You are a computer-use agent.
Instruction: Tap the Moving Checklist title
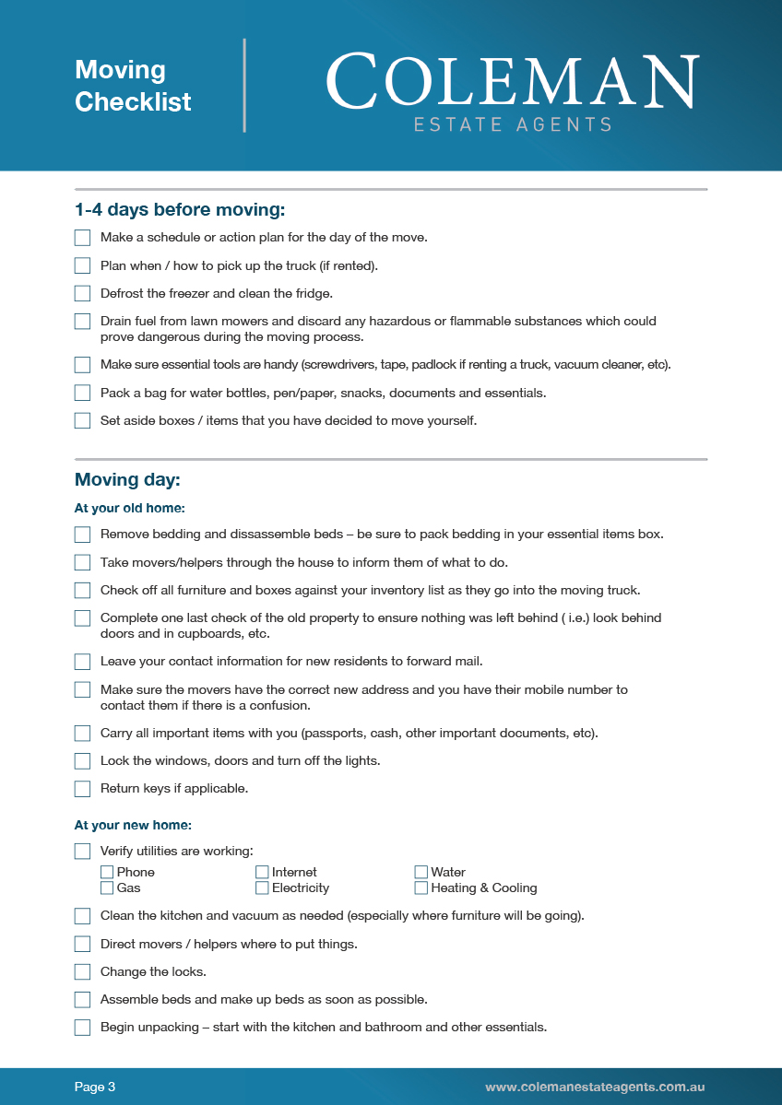pyautogui.click(x=133, y=86)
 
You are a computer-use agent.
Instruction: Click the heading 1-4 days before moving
pyautogui.click(x=180, y=210)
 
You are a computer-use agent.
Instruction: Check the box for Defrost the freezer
pyautogui.click(x=83, y=294)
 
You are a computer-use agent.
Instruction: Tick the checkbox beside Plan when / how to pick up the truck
pyautogui.click(x=83, y=266)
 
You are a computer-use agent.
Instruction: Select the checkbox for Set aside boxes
pyautogui.click(x=83, y=421)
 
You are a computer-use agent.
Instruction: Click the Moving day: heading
pyautogui.click(x=127, y=480)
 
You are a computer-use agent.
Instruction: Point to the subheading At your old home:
pyautogui.click(x=130, y=508)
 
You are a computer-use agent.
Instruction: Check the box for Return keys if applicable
pyautogui.click(x=83, y=789)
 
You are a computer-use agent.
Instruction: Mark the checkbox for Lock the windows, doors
pyautogui.click(x=83, y=761)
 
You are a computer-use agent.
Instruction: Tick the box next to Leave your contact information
pyautogui.click(x=83, y=662)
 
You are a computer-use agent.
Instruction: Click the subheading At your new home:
pyautogui.click(x=133, y=826)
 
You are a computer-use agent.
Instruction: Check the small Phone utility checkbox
pyautogui.click(x=107, y=872)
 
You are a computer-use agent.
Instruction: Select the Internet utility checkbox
pyautogui.click(x=262, y=872)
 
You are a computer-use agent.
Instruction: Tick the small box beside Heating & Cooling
pyautogui.click(x=421, y=888)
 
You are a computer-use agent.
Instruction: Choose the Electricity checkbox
pyautogui.click(x=262, y=888)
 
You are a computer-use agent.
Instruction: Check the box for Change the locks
pyautogui.click(x=83, y=971)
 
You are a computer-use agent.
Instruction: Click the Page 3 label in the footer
pyautogui.click(x=95, y=1087)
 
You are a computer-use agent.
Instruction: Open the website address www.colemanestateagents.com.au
pyautogui.click(x=595, y=1087)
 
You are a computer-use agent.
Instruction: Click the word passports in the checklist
pyautogui.click(x=331, y=734)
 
